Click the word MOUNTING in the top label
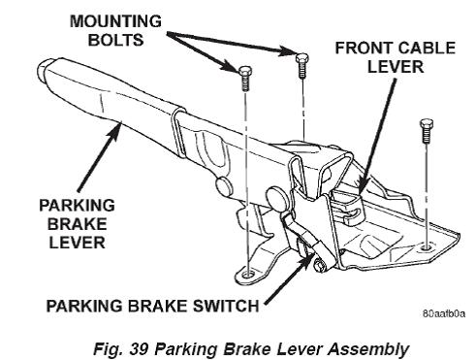(115, 21)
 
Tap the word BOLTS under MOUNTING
(115, 40)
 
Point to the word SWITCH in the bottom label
(226, 306)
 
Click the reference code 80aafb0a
(444, 313)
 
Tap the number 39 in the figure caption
(140, 349)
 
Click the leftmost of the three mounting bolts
(245, 78)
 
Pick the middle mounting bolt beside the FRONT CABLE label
(301, 66)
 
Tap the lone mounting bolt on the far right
(426, 131)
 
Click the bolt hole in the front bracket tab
(248, 275)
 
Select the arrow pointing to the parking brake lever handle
(100, 156)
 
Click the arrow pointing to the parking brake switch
(289, 278)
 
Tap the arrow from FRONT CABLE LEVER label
(377, 135)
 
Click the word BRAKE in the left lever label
(78, 224)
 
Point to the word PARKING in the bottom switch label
(84, 306)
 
